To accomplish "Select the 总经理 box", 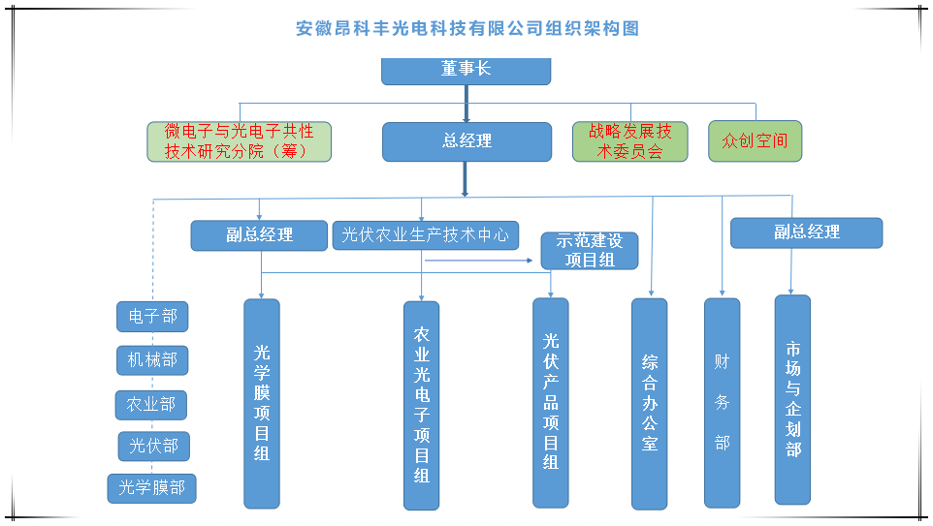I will click(x=466, y=141).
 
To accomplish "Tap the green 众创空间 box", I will click(x=755, y=141).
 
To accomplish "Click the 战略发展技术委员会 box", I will click(x=629, y=141).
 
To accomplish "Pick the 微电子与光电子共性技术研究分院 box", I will click(x=239, y=141).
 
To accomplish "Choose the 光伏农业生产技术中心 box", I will click(x=426, y=235).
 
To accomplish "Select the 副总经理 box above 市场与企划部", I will click(x=806, y=232).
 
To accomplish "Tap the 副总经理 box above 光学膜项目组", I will click(x=260, y=235).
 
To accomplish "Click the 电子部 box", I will click(x=152, y=316).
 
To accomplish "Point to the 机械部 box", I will click(x=152, y=360).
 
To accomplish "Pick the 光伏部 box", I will click(x=153, y=447).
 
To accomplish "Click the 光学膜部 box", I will click(x=151, y=488).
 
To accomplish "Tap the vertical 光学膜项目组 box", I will click(x=261, y=403).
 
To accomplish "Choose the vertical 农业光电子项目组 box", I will click(x=421, y=405).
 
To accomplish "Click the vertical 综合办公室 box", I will click(x=649, y=403).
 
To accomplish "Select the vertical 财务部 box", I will click(x=722, y=402).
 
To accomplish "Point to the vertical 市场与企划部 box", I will click(x=792, y=399).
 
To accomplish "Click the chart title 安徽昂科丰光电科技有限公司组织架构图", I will click(x=466, y=29).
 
